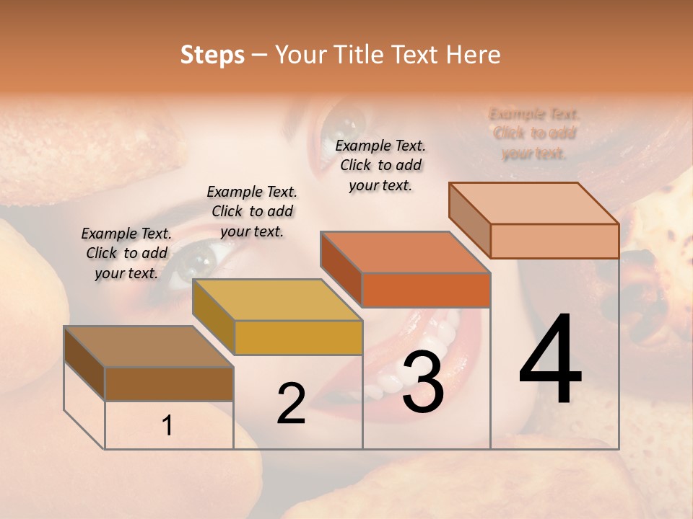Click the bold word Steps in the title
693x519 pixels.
pos(212,55)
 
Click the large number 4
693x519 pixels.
pos(550,360)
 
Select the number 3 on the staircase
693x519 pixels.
pos(423,382)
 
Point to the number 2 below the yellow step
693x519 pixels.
pos(291,404)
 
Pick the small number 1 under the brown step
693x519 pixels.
pos(167,426)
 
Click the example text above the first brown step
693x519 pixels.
pos(126,253)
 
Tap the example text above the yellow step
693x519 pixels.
pos(252,211)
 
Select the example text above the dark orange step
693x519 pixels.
pos(380,165)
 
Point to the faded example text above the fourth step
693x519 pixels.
pos(534,133)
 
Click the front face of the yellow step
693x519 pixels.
pos(298,337)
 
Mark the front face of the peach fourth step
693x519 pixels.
pos(554,241)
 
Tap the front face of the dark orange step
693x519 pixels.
pos(426,290)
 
